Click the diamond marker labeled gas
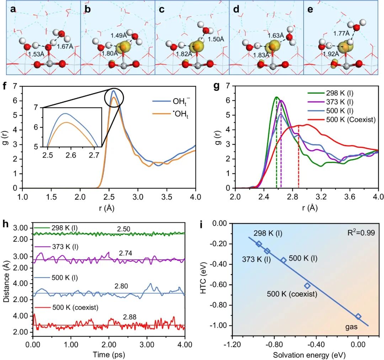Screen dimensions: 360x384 pyautogui.click(x=358, y=316)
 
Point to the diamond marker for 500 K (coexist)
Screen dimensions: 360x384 pyautogui.click(x=307, y=286)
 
